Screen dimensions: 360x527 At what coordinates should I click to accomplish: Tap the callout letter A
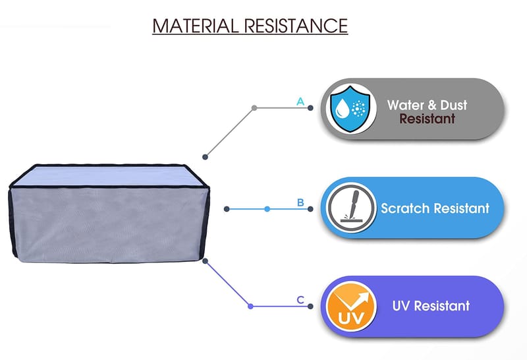click(x=300, y=102)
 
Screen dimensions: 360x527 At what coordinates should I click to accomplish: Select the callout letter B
click(x=300, y=202)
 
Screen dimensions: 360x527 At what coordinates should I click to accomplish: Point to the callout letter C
click(x=300, y=300)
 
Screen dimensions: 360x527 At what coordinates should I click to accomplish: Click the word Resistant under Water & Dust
click(x=427, y=119)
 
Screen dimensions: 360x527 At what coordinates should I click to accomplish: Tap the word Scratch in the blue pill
click(x=404, y=208)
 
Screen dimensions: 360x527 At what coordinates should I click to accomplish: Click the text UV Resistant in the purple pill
click(x=431, y=306)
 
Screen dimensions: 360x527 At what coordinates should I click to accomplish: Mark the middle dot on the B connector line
click(x=267, y=209)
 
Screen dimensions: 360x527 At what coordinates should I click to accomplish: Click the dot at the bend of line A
click(x=254, y=107)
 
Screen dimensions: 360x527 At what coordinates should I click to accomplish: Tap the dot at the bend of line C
click(x=250, y=306)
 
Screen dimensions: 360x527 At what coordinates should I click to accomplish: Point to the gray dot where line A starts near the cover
click(x=206, y=156)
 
